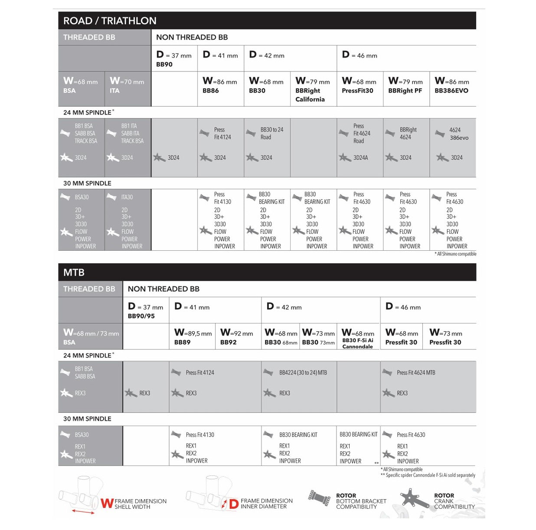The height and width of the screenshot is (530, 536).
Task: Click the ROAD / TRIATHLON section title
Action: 110,21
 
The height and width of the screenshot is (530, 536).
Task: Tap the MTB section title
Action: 74,272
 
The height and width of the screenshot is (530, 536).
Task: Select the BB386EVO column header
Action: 451,90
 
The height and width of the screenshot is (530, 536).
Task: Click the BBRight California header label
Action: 310,95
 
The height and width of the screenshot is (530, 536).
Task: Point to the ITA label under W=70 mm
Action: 114,90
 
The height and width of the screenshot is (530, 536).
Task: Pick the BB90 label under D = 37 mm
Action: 164,65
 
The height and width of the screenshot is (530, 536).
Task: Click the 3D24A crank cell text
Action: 360,158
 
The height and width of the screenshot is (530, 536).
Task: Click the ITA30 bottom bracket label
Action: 127,197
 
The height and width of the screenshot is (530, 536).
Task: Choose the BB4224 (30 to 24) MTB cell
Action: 303,372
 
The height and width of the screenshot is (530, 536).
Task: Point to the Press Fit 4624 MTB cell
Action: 415,372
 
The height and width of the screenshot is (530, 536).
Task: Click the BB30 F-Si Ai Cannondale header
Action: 358,343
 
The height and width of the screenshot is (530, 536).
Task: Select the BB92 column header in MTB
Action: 229,342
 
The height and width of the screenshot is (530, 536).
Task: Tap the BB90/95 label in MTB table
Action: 141,316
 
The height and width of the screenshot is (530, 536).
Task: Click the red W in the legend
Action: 107,504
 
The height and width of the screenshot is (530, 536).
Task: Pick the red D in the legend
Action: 233,504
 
